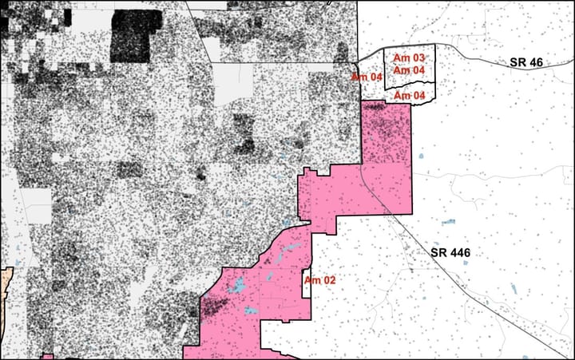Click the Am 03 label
409,58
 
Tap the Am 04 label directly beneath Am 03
409,71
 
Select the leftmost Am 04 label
367,77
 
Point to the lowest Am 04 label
409,96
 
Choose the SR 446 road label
450,253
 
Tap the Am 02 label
319,280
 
